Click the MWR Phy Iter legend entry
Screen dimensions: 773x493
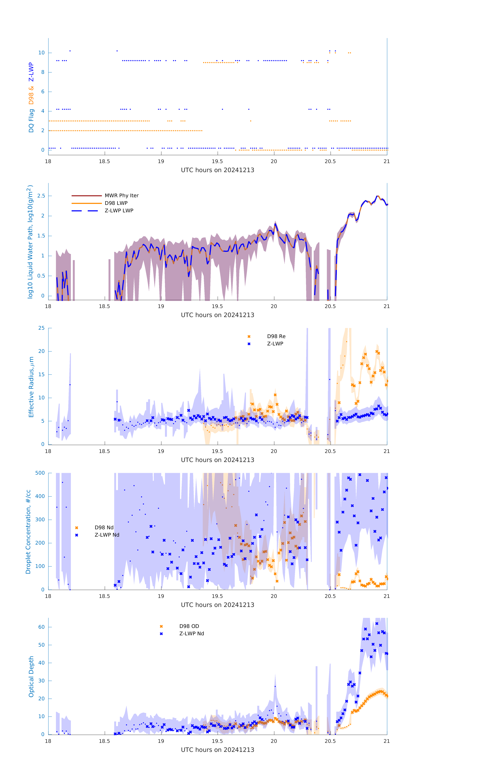tap(121, 195)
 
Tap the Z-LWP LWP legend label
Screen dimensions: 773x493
tap(119, 211)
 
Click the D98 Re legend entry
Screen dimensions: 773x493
tap(276, 336)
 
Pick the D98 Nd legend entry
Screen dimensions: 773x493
tap(104, 527)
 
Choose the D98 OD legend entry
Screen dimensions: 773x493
tap(189, 626)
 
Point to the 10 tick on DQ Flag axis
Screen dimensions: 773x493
tap(41, 53)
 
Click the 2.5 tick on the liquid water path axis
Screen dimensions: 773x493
tap(41, 196)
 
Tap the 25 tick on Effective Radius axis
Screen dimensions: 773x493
tap(41, 328)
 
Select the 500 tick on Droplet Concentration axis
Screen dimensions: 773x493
tap(40, 473)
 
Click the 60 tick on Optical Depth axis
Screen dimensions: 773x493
tap(41, 627)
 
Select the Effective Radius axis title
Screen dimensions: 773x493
tap(31, 387)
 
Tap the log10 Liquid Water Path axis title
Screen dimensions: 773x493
tap(30, 242)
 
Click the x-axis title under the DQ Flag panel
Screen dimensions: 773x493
tap(217, 170)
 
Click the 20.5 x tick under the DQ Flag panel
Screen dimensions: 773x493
tap(330, 161)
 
